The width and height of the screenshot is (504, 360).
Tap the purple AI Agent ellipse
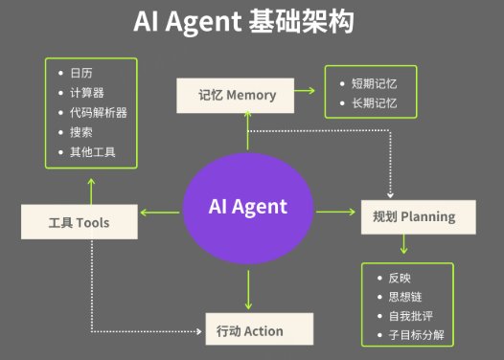coord(248,208)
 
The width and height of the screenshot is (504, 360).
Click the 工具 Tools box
coord(80,223)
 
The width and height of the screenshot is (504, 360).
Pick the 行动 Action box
coord(260,331)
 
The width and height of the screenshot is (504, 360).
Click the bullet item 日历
coord(81,73)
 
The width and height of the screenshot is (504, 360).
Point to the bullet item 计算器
coord(87,93)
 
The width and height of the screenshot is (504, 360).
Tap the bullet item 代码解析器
coord(99,112)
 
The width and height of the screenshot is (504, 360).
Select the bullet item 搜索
coord(81,132)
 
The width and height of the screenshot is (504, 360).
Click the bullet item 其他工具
coord(93,151)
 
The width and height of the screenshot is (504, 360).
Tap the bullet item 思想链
coord(405,297)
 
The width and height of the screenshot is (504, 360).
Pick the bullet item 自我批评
coord(411,316)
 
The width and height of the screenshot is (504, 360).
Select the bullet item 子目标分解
coord(417,336)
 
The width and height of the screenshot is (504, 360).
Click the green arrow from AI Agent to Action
coord(249,289)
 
